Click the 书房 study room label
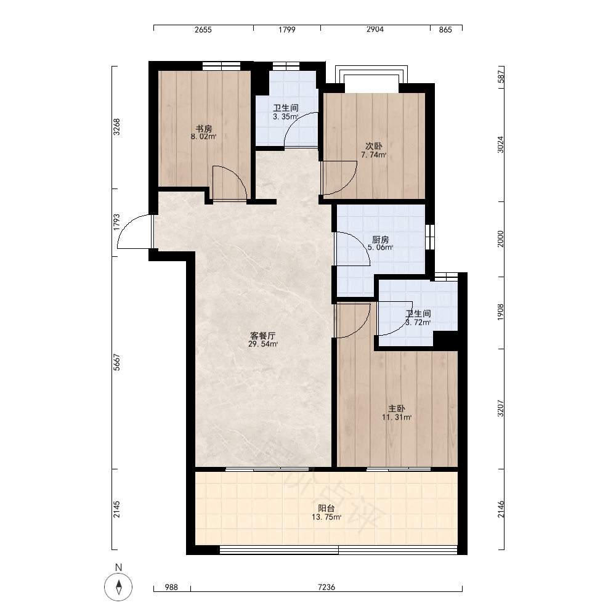tap(204, 129)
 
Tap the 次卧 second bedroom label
tap(374, 146)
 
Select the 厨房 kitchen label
tap(380, 239)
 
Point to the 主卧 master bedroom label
tap(396, 408)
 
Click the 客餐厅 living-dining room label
tap(263, 336)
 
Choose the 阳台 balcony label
tap(326, 508)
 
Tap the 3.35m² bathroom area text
tap(286, 116)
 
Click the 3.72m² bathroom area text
tap(418, 323)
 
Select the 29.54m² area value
tap(263, 344)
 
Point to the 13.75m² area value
tap(326, 517)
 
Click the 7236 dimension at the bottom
tap(326, 587)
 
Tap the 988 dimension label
tap(171, 587)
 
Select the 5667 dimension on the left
tap(116, 362)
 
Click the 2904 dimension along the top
tap(375, 29)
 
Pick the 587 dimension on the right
tap(500, 76)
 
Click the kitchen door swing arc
tap(360, 242)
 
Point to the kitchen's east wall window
tap(430, 237)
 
